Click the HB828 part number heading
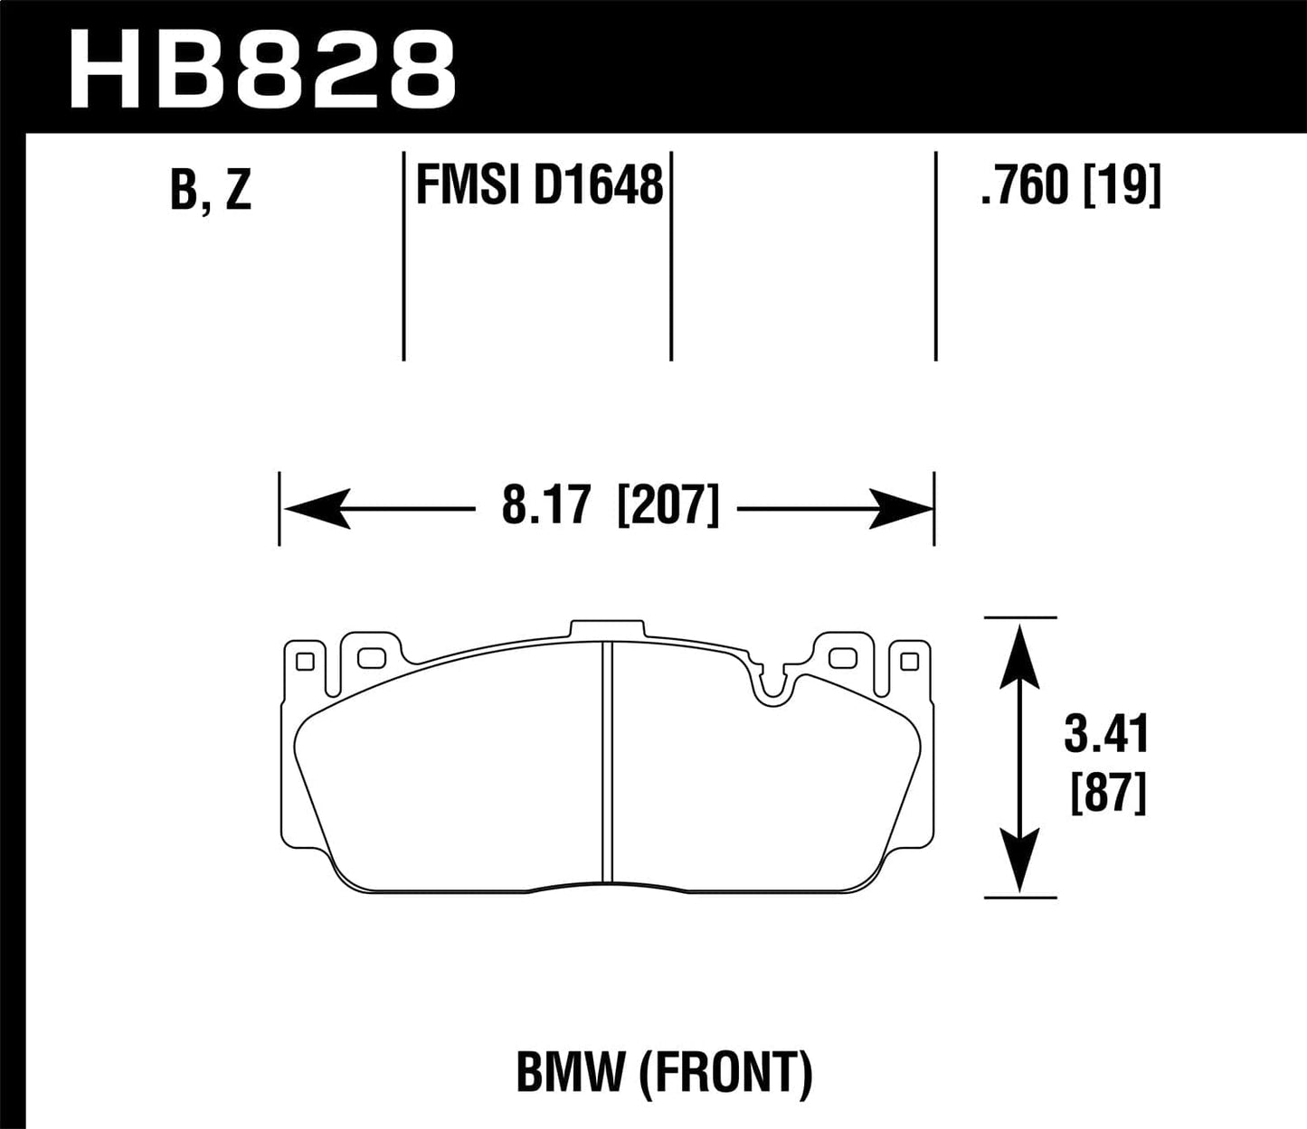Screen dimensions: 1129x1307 point(262,67)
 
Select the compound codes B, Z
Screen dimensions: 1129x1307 point(211,189)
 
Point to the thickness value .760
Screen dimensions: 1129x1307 point(1024,186)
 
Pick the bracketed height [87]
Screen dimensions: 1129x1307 point(1108,795)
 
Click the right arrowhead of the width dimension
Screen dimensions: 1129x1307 point(900,509)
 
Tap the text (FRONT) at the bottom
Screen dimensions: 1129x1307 point(725,1072)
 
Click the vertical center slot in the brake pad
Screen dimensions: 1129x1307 point(607,759)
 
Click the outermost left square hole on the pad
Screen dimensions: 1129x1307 point(305,662)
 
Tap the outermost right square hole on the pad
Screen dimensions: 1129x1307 point(909,662)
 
